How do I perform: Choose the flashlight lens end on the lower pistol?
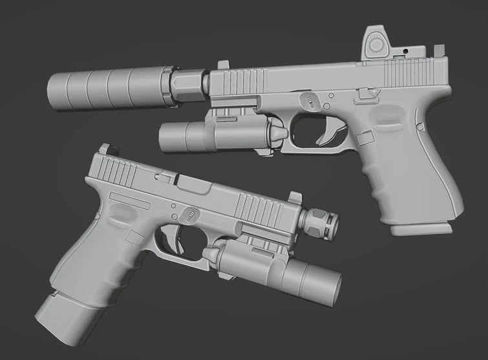coord(333,285)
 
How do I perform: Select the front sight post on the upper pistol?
coord(223,66)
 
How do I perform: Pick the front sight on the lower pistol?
coord(293,197)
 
